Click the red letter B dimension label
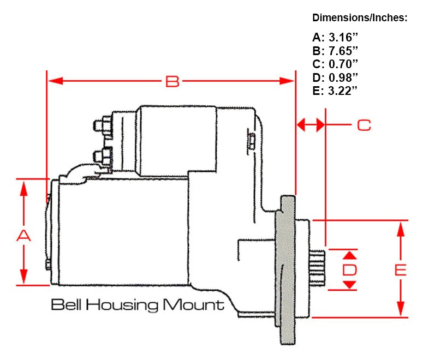pos(172,81)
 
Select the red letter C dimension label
pos(364,125)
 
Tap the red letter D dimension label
pos(349,269)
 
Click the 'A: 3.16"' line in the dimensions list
pos(335,38)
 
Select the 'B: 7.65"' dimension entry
pos(335,51)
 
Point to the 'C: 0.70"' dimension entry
pos(335,64)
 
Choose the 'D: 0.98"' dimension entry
pos(335,77)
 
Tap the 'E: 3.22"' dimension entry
pos(335,91)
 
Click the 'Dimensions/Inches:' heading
pos(360,18)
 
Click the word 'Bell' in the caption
pos(67,304)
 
